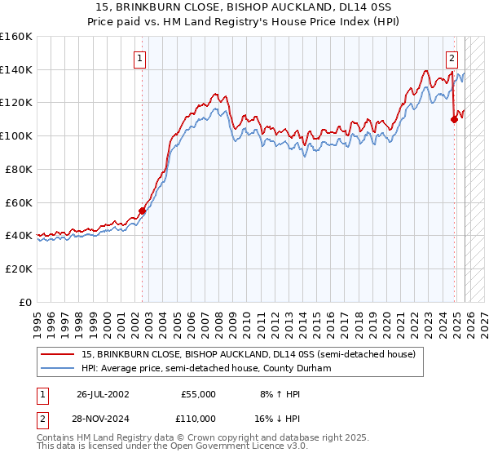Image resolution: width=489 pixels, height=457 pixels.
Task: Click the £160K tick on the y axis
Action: click(16, 37)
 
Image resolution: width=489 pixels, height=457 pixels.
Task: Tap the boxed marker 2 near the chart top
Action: click(452, 58)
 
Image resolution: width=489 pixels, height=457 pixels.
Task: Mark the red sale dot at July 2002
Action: click(142, 211)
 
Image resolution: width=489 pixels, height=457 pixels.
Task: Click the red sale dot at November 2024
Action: click(454, 119)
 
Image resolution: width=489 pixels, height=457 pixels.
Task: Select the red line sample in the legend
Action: click(59, 354)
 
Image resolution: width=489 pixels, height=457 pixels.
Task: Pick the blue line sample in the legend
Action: click(59, 368)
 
